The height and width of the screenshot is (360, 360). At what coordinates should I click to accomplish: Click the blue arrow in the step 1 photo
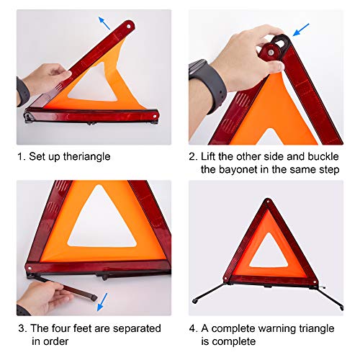pyautogui.click(x=106, y=22)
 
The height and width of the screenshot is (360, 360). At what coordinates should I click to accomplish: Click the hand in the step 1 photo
pyautogui.click(x=45, y=78)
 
